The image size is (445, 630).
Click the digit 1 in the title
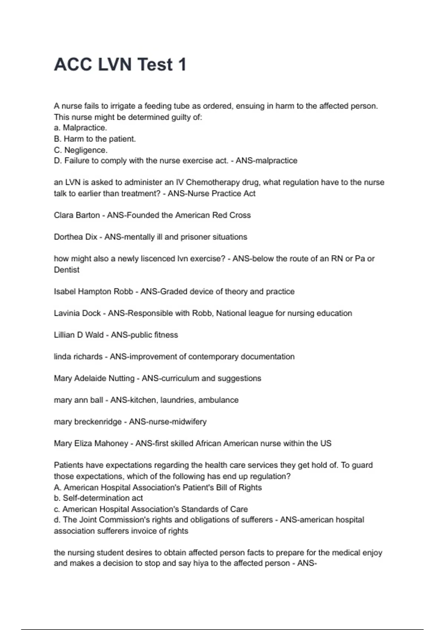tap(182, 65)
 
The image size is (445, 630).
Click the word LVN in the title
tap(115, 65)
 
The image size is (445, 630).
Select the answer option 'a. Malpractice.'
tap(80, 128)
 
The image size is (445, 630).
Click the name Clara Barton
tap(77, 215)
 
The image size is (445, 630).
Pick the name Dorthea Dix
tap(76, 237)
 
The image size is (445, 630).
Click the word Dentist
tap(67, 270)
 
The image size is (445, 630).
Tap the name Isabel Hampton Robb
tap(93, 292)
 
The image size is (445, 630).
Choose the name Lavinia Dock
tap(77, 313)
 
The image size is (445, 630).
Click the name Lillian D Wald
tap(79, 335)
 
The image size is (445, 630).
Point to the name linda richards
tap(78, 357)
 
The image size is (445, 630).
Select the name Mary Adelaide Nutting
tap(94, 378)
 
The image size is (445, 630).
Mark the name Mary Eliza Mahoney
tap(91, 444)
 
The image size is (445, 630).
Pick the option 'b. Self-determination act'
tap(98, 498)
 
